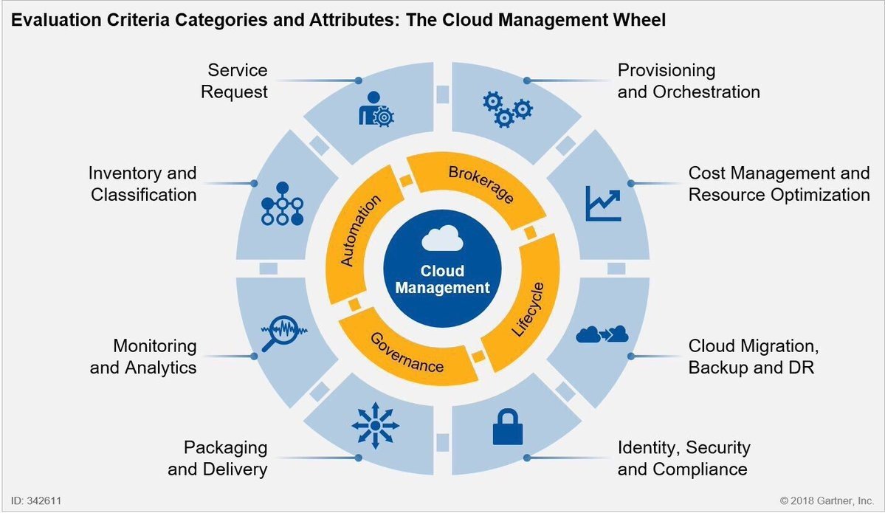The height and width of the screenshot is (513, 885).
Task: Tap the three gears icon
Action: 507,110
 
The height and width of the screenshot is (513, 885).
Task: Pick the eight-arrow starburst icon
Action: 375,426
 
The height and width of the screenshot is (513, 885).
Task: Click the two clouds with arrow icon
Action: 602,334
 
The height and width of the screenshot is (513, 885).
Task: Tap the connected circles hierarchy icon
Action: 283,203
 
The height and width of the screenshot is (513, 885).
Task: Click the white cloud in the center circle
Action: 442,241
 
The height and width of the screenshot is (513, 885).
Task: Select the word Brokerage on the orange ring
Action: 481,187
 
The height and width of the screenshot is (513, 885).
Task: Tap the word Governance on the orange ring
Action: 407,353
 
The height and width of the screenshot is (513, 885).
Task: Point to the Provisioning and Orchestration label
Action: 688,81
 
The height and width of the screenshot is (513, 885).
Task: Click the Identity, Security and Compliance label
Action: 683,458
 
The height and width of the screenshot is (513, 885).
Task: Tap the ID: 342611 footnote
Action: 36,500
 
